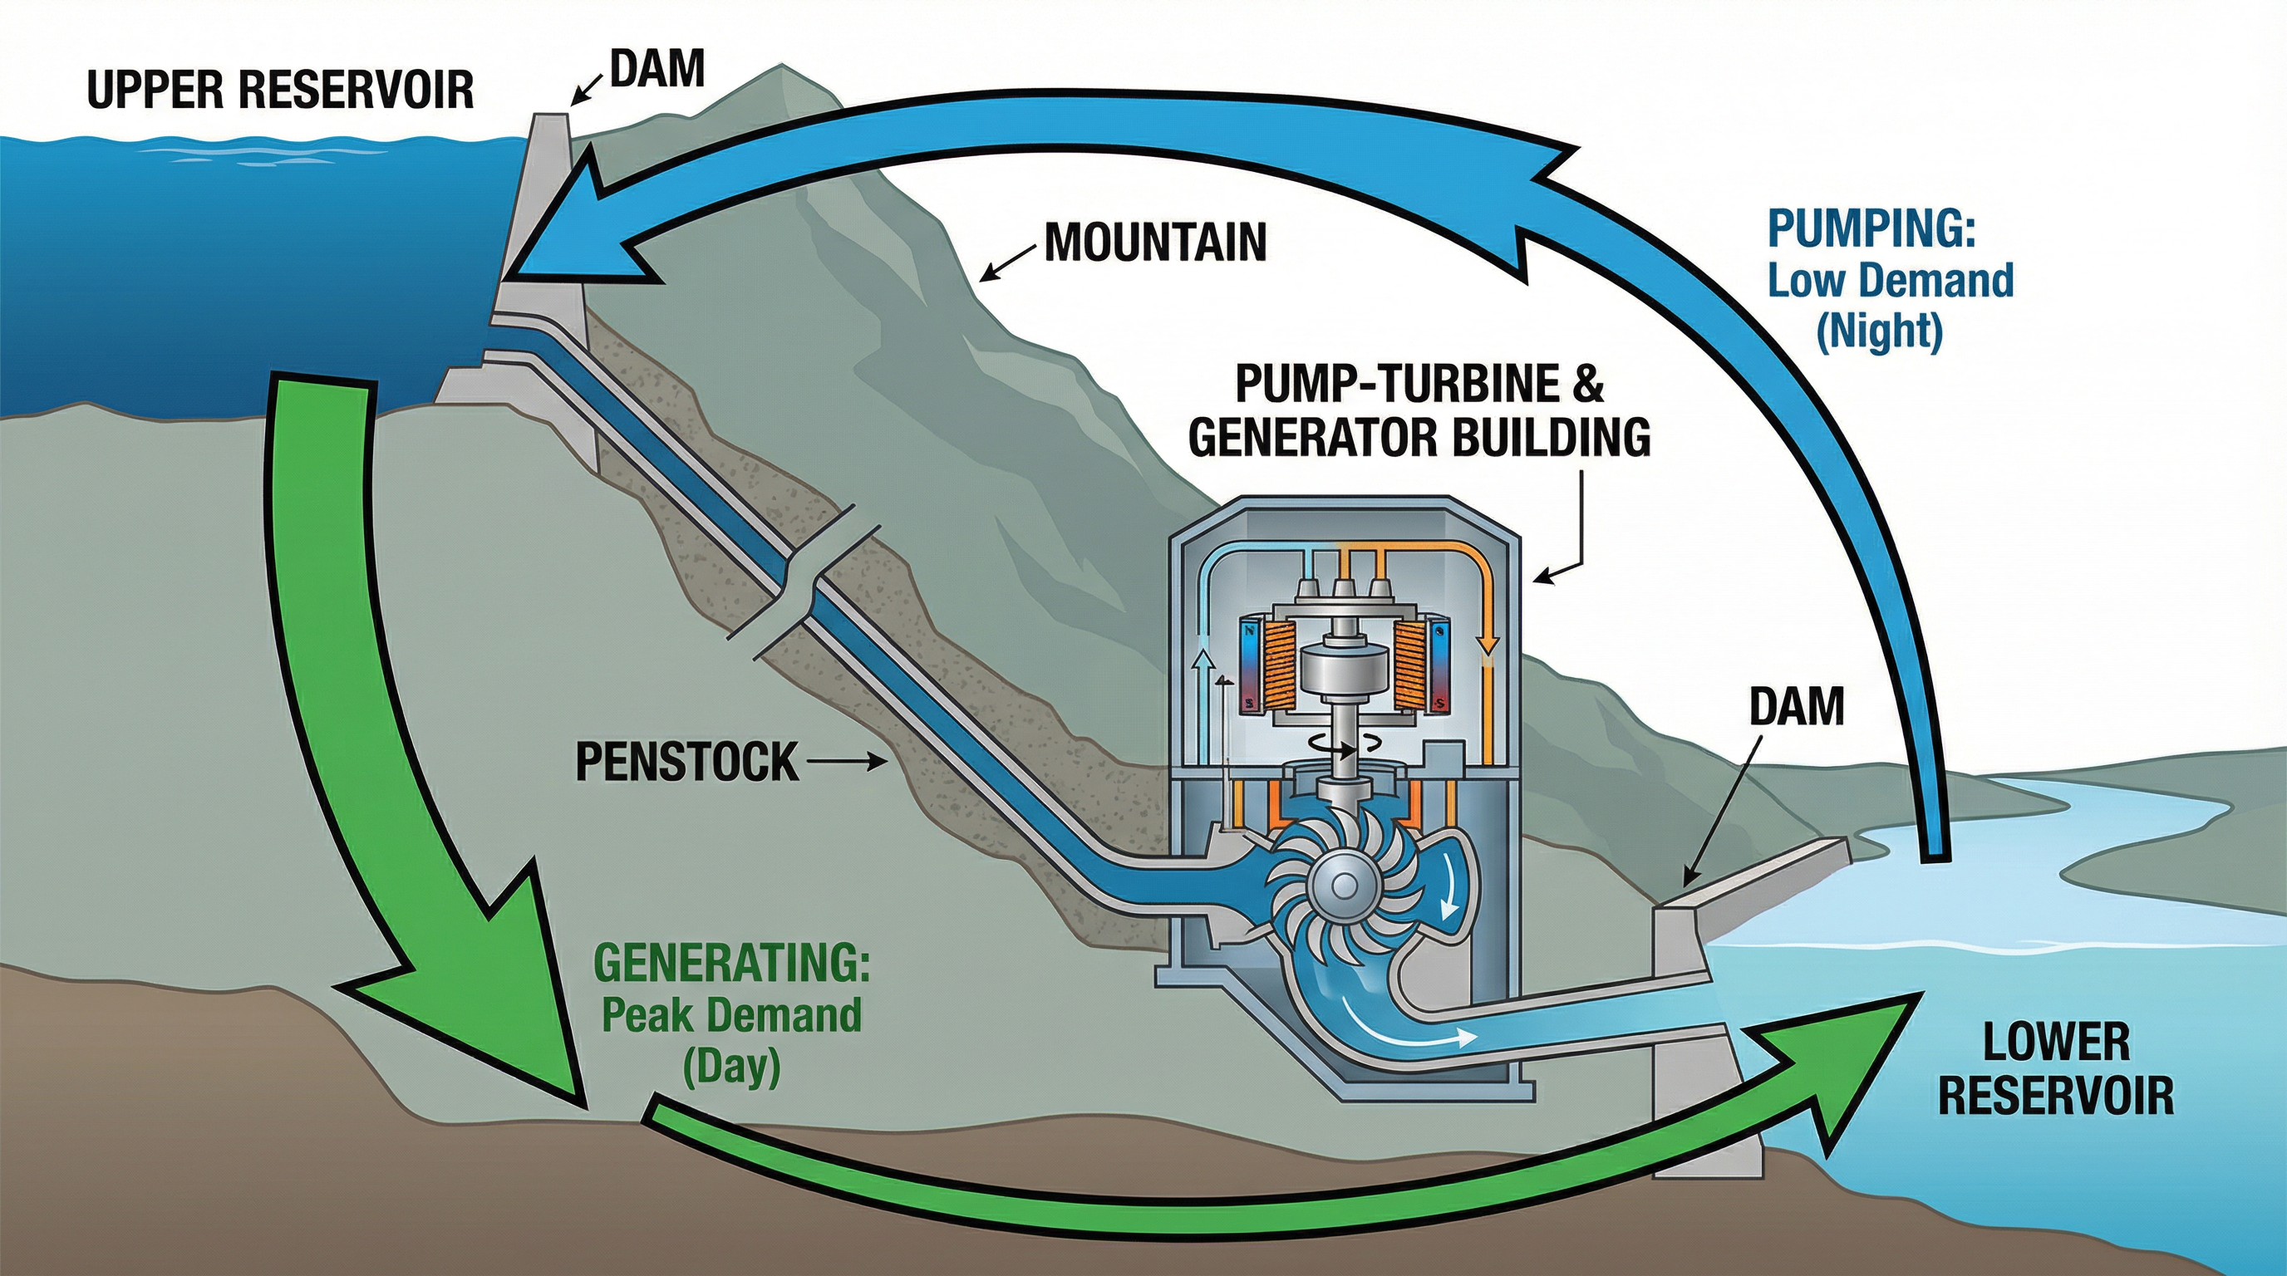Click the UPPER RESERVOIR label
(x=280, y=91)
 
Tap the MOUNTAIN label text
(x=1154, y=242)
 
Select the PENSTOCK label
(x=686, y=761)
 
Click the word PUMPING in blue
(x=1871, y=229)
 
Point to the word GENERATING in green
(x=731, y=964)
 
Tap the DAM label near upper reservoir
(x=658, y=68)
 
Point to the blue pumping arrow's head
(x=568, y=222)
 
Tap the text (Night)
(x=1880, y=331)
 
